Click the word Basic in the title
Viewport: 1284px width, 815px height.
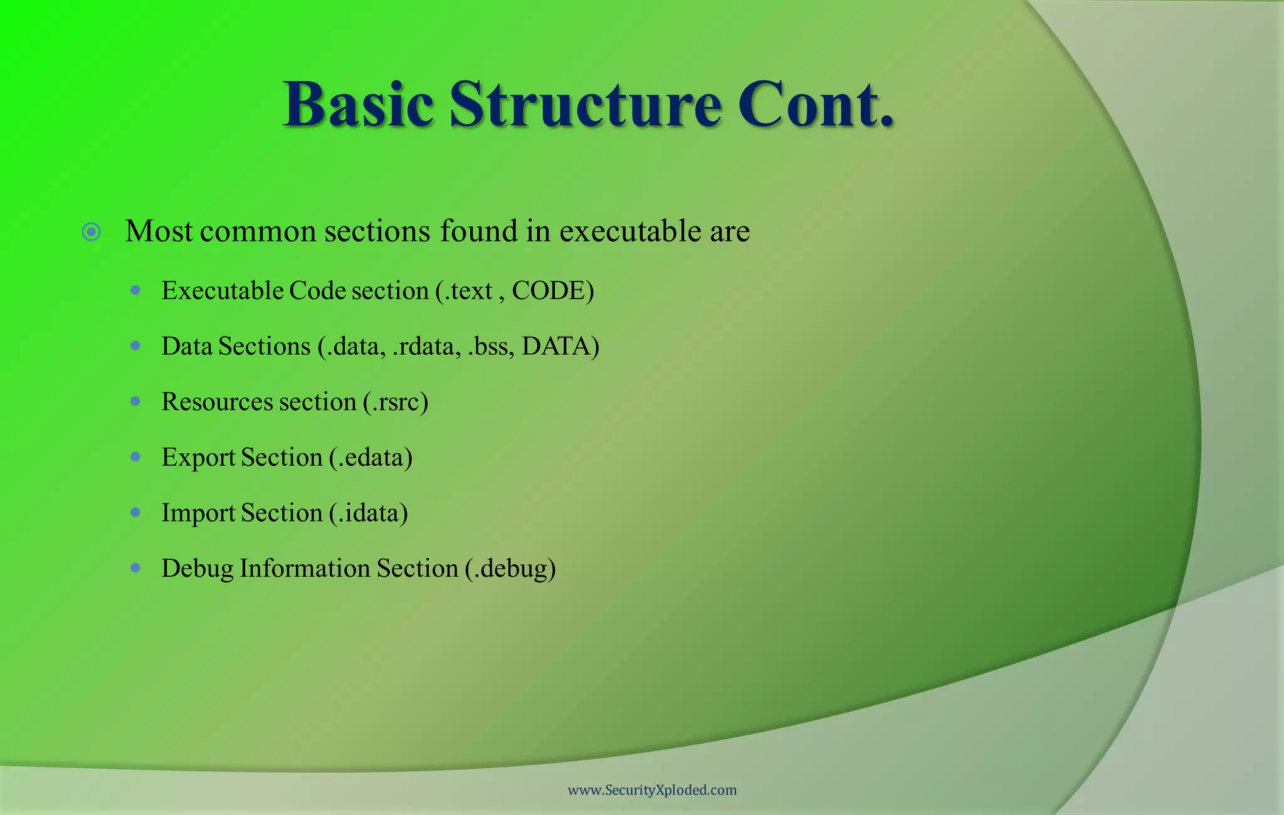pyautogui.click(x=358, y=105)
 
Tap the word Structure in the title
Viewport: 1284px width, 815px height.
pyautogui.click(x=586, y=105)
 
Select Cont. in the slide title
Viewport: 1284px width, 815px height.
pyautogui.click(x=816, y=105)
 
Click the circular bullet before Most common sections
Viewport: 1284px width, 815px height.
pyautogui.click(x=92, y=233)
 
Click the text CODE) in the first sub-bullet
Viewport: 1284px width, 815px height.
pyautogui.click(x=552, y=291)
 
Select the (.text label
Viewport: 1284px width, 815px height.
pyautogui.click(x=464, y=291)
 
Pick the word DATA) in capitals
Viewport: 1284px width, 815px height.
pyautogui.click(x=560, y=347)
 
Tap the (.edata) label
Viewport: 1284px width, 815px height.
pyautogui.click(x=371, y=458)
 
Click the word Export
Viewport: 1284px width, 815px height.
pyautogui.click(x=198, y=458)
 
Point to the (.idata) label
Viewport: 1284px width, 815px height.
pyautogui.click(x=369, y=513)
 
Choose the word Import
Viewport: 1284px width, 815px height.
pyautogui.click(x=198, y=513)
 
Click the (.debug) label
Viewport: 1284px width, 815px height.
pyautogui.click(x=510, y=569)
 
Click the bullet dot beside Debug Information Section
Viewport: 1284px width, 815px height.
pyautogui.click(x=135, y=568)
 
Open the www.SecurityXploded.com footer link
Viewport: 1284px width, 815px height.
pyautogui.click(x=652, y=790)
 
